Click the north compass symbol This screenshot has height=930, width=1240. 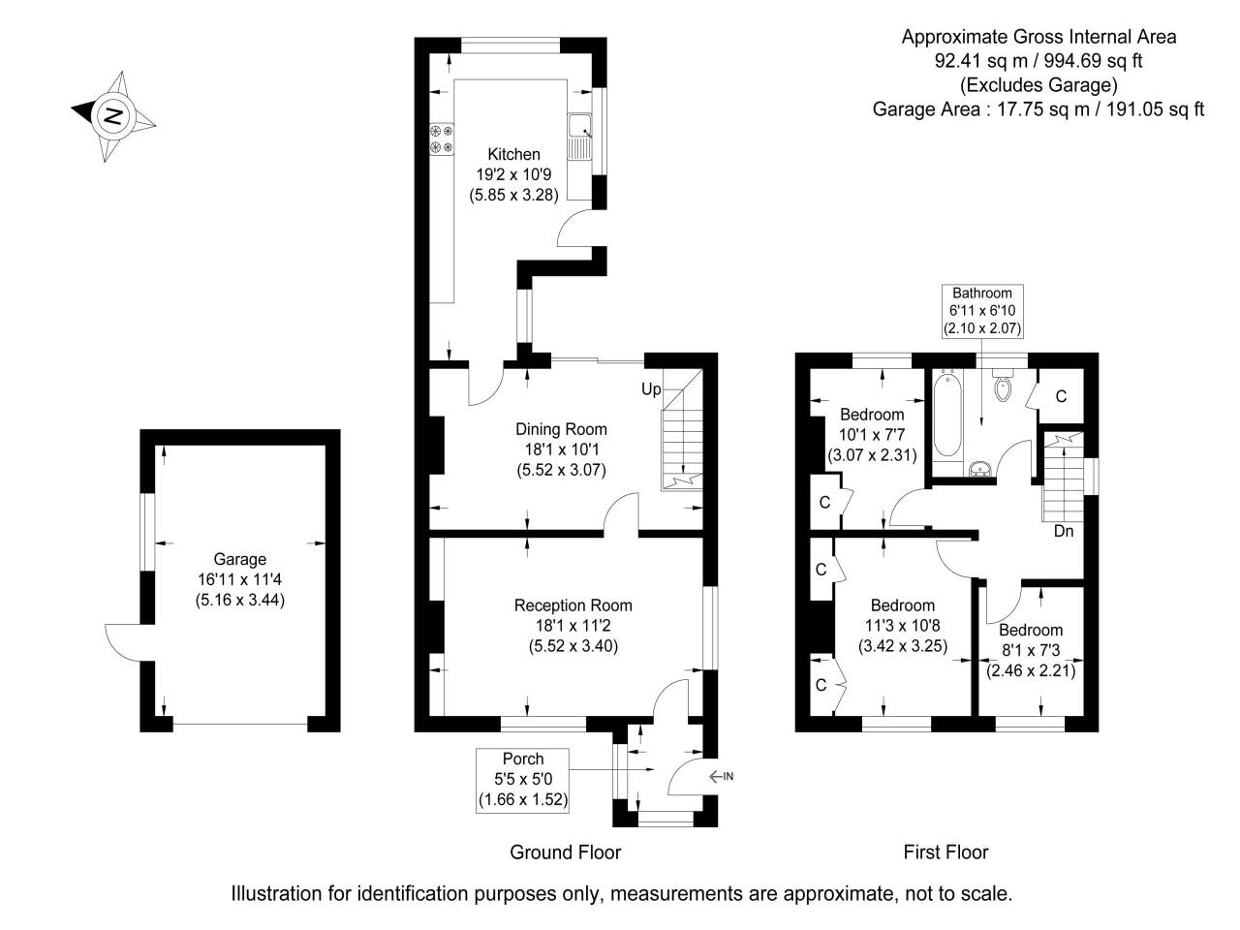point(113,116)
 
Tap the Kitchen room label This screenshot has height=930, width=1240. point(513,154)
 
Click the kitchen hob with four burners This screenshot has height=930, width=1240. point(442,139)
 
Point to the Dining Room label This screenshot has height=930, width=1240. point(561,429)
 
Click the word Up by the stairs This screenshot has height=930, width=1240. point(651,389)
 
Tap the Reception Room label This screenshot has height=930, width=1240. point(573,605)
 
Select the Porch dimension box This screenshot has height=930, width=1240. point(522,780)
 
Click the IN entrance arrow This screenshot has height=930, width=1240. point(721,776)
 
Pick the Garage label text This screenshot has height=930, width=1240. point(239,559)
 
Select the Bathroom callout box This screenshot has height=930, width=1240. point(981,310)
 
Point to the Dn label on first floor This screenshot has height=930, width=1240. point(1064,531)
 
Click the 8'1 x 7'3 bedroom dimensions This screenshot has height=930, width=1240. point(1031,669)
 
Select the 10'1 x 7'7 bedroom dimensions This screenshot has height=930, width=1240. point(872,453)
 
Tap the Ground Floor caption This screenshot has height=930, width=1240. point(565,852)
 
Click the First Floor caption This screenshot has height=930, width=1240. point(945,852)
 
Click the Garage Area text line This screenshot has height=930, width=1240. point(1038,109)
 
